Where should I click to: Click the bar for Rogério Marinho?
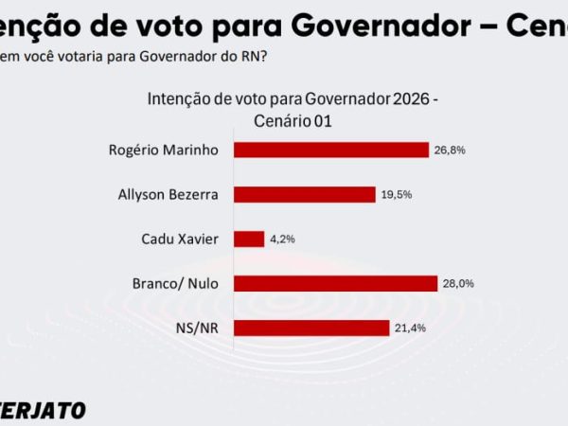[330, 150]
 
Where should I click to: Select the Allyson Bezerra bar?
[304, 194]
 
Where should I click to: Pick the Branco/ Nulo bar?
[335, 283]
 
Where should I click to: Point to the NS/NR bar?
[311, 328]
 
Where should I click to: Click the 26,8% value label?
[451, 150]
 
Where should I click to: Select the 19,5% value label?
[397, 194]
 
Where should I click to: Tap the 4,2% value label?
[282, 239]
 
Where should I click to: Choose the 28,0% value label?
[459, 283]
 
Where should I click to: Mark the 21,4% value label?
[408, 328]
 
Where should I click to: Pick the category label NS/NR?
[200, 328]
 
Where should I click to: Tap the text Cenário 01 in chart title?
[293, 121]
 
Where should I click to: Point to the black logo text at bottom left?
[43, 410]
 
